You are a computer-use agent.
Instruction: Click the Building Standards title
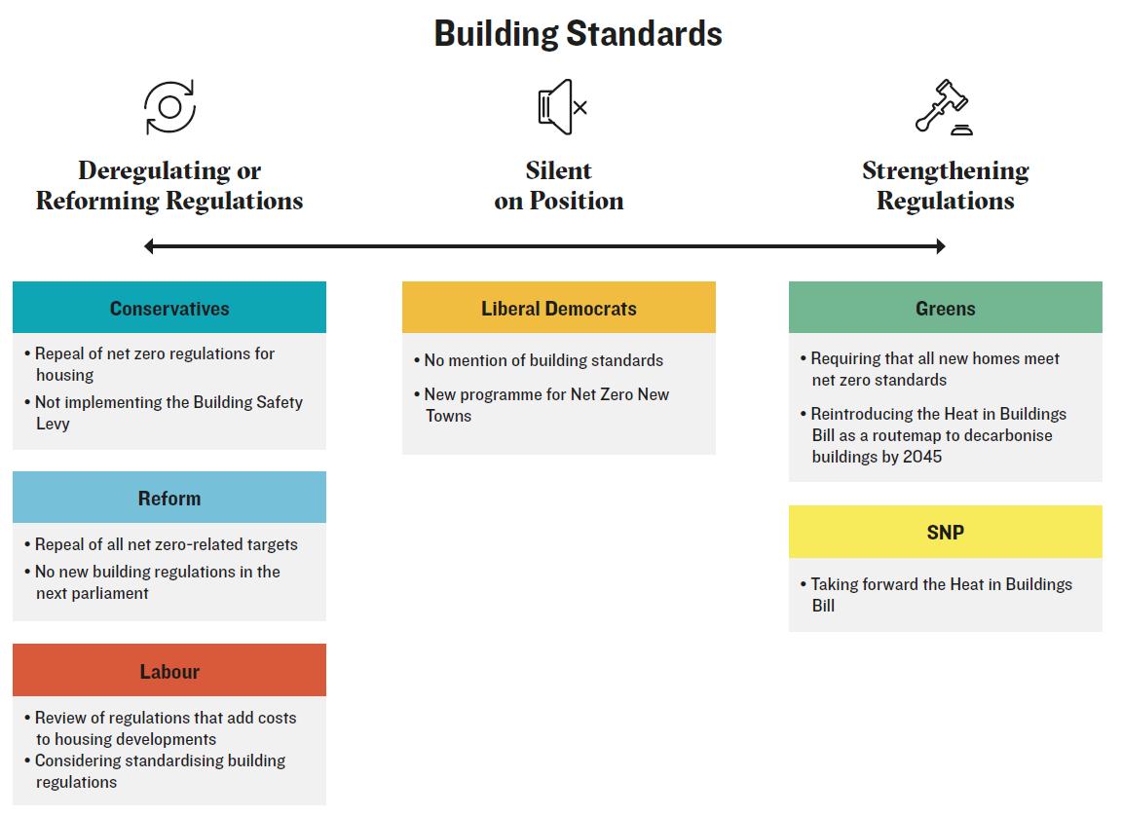579,34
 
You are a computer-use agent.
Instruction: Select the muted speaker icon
562,107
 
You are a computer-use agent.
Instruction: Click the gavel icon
944,106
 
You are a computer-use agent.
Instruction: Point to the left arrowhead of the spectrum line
149,246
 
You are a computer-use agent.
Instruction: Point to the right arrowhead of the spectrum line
940,246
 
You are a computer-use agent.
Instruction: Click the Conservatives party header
169,308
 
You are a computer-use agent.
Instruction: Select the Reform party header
169,498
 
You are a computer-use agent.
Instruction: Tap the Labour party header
169,671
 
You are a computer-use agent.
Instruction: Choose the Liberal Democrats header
559,308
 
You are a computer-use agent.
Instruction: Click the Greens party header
946,308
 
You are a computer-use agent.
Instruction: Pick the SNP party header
946,532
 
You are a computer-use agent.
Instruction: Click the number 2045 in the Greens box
922,457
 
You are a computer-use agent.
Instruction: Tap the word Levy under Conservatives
53,425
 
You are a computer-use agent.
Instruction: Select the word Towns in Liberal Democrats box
449,416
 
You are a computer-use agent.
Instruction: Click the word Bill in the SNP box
823,606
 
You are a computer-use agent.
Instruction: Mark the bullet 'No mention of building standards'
539,360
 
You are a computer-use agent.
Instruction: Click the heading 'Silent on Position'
559,186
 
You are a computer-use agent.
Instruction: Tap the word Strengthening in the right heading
946,171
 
